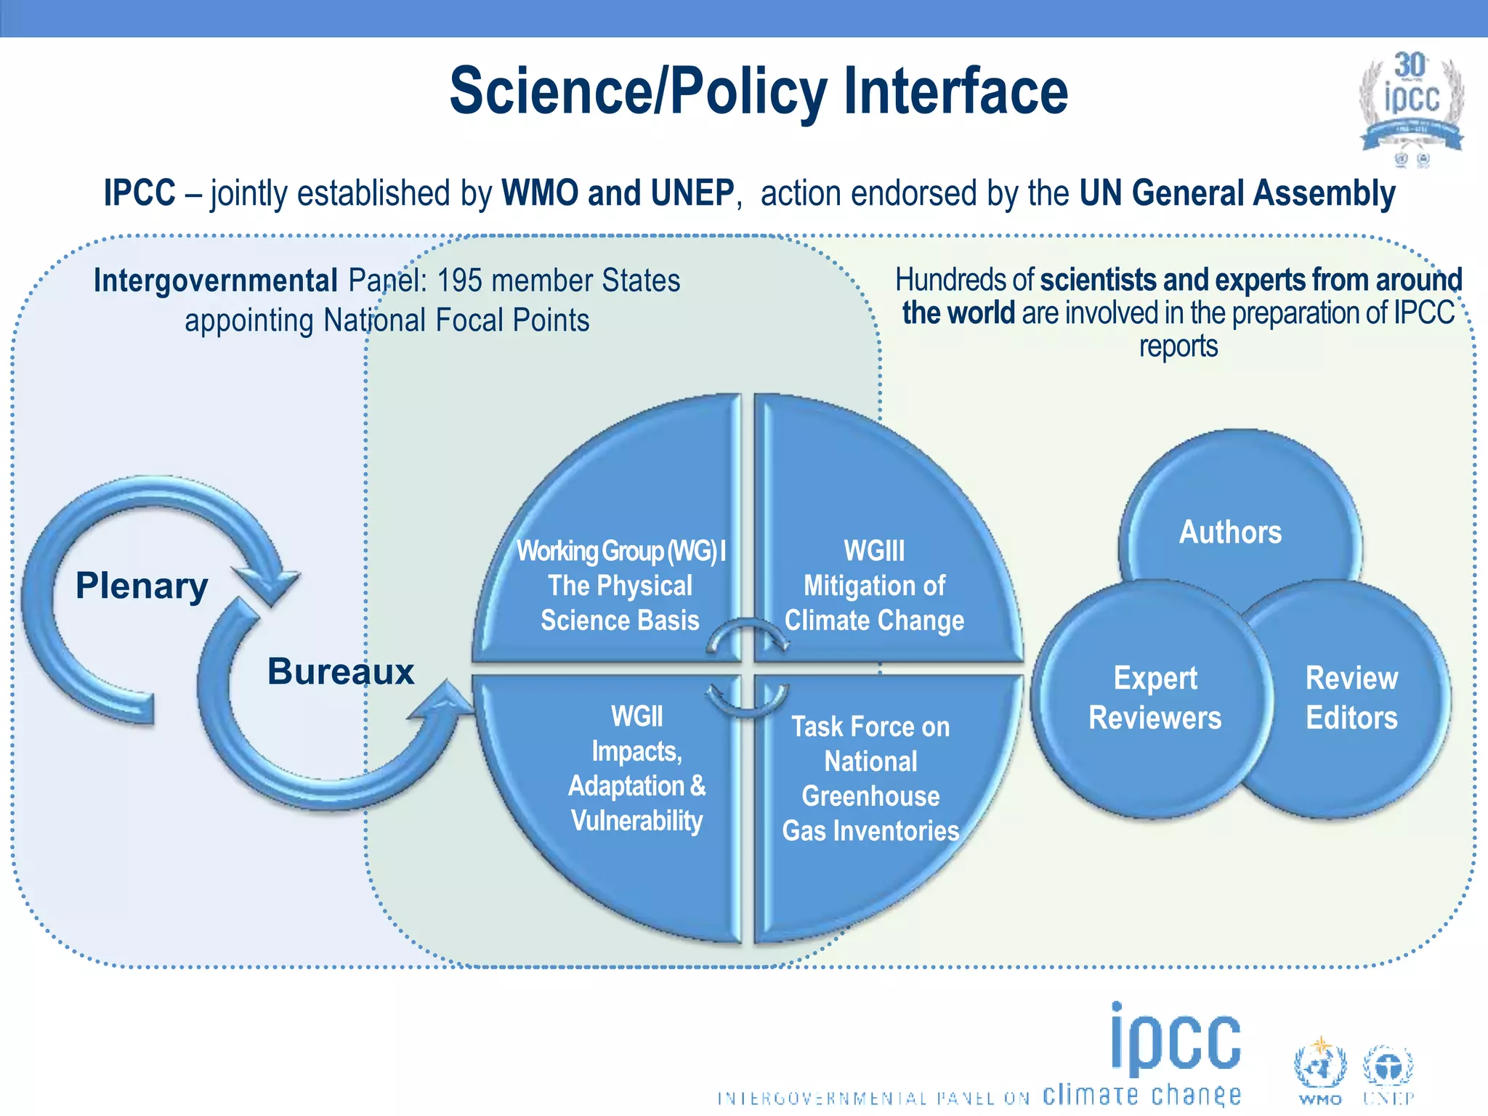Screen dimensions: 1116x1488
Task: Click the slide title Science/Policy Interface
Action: [x=759, y=92]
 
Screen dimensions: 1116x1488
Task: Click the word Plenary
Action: [x=142, y=586]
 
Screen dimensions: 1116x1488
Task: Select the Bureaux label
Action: [x=340, y=671]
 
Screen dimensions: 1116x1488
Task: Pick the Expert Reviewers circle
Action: [x=1155, y=697]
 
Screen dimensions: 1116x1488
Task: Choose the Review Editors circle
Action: [x=1351, y=697]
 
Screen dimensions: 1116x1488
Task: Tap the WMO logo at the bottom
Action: [x=1319, y=1072]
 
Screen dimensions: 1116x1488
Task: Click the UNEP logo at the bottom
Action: [x=1387, y=1072]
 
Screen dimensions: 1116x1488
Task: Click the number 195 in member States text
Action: [x=461, y=280]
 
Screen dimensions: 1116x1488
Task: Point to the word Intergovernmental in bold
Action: [x=216, y=280]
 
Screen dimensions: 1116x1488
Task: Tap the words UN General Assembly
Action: [x=1237, y=193]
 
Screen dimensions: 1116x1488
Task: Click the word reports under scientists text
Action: [x=1178, y=347]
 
